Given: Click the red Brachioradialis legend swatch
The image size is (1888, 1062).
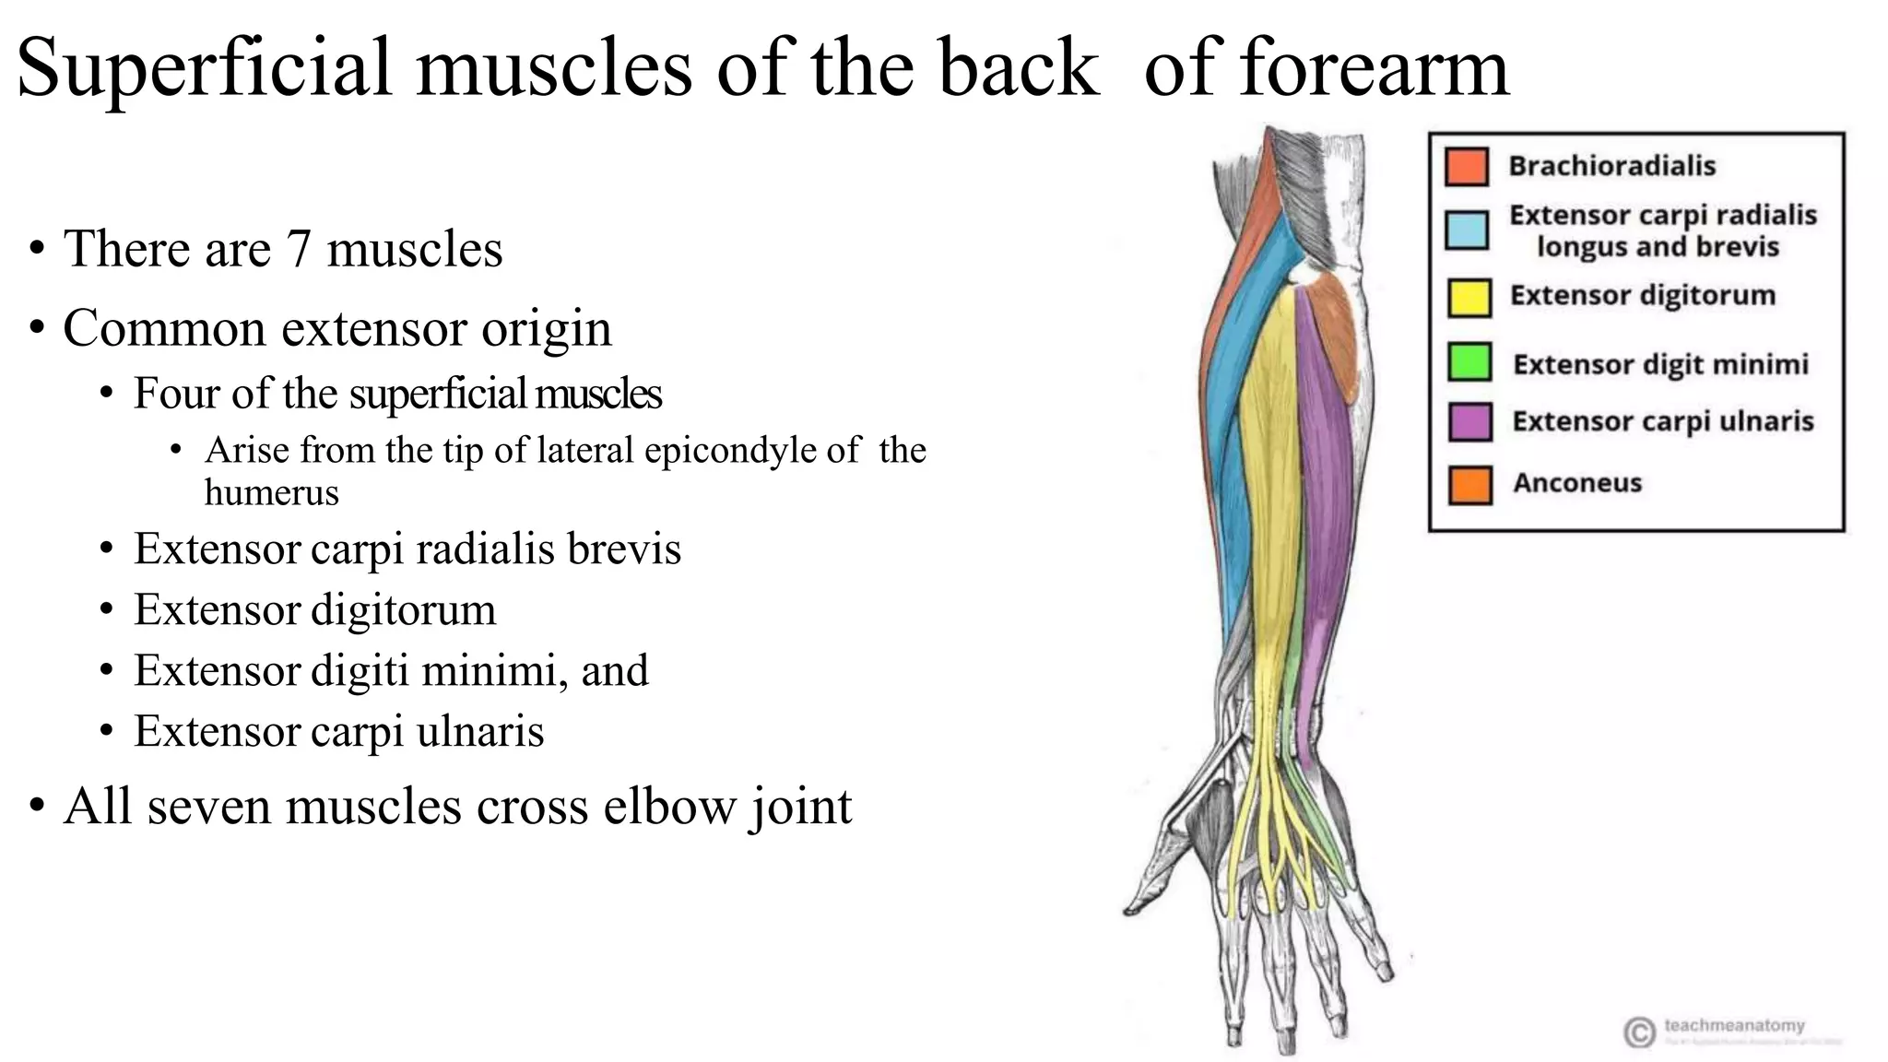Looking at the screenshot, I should [1466, 167].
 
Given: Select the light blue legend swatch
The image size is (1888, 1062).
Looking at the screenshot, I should [1466, 230].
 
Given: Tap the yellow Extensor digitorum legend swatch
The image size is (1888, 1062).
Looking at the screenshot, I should [1469, 297].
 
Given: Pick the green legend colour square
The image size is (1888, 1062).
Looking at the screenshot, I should [1469, 361].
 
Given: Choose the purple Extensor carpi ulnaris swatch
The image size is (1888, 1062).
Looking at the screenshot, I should [1469, 421].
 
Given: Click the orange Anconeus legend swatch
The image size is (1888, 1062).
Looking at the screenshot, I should [1469, 485].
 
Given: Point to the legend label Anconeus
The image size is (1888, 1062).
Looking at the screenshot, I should [1576, 483].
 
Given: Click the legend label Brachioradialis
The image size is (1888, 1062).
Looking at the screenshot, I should [1611, 166].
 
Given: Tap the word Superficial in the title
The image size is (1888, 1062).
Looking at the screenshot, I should [204, 68].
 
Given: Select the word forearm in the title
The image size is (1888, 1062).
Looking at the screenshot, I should [1375, 68].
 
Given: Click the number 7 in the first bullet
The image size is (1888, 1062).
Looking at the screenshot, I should [298, 249].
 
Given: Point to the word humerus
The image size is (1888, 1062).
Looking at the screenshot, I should [271, 492].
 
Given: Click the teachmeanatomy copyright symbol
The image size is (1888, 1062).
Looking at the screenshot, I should [1638, 1032].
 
